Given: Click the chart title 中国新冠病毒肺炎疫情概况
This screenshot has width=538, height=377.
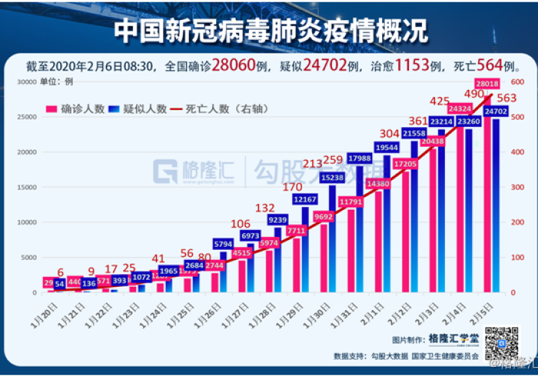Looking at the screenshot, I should point(270,29).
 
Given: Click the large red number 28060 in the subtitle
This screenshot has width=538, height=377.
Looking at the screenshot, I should point(244,65).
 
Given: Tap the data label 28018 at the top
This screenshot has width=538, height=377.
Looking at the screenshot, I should point(489,83).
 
